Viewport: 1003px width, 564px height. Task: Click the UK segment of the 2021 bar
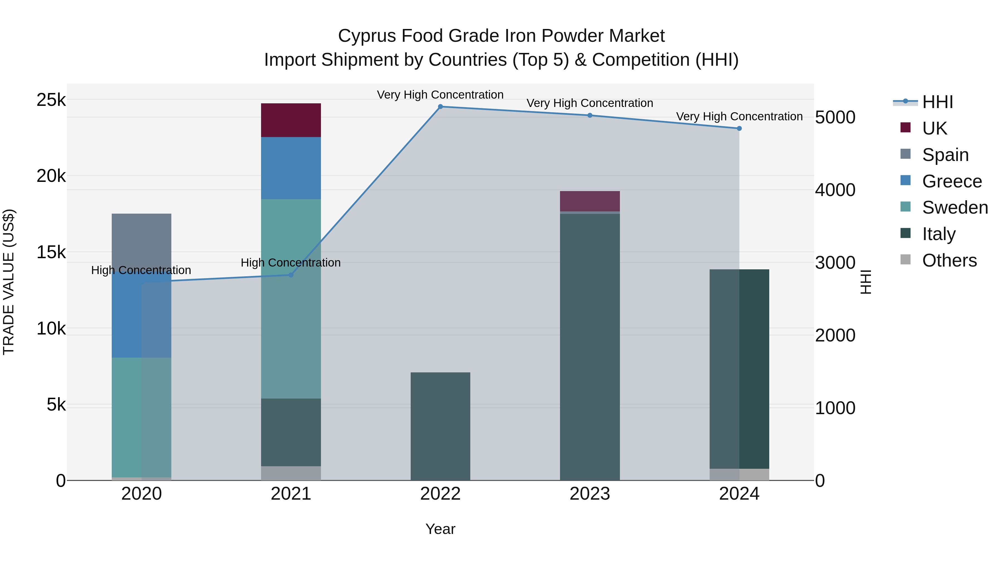(x=291, y=120)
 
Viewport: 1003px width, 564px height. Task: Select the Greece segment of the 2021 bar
(x=291, y=168)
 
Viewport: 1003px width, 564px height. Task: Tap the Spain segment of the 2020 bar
(x=141, y=241)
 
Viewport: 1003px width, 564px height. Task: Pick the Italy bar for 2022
(x=440, y=426)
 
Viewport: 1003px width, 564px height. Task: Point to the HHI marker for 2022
(x=440, y=107)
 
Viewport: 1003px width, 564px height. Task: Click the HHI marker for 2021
(x=291, y=275)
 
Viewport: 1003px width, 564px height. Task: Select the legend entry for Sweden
(x=955, y=207)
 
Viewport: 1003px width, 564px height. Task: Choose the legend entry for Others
(x=949, y=260)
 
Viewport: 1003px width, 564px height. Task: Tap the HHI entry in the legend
(x=937, y=102)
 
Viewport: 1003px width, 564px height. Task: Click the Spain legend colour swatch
(x=906, y=154)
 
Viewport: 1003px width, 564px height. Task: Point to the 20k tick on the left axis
(x=51, y=176)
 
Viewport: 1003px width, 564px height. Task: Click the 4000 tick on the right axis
(x=835, y=190)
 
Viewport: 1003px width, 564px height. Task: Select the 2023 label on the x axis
(x=590, y=494)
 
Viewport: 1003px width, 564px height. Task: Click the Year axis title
(x=440, y=529)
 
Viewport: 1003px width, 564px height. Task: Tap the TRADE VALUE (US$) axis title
(x=9, y=282)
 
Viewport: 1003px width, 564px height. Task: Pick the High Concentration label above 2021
(x=291, y=263)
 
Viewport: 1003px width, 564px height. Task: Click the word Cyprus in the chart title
(x=366, y=36)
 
